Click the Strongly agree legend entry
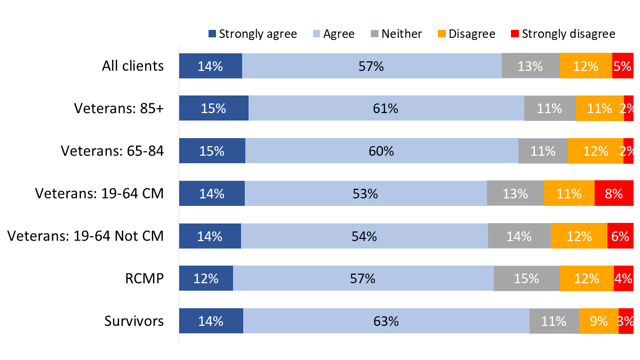point(252,34)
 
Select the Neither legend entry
point(396,34)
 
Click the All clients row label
point(133,66)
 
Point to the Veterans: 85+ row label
point(119,108)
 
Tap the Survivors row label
point(134,321)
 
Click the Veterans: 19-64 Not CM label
point(86,236)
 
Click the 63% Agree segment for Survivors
point(386,321)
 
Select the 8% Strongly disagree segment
point(614,194)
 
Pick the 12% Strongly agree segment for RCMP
point(206,278)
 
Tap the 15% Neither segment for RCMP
point(526,278)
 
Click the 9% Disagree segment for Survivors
point(598,321)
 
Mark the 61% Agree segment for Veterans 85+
point(386,108)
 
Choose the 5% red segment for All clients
point(622,66)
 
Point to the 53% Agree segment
point(365,194)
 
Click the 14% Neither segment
point(519,236)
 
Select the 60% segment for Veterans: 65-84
point(381,151)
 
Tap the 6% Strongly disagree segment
point(620,236)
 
